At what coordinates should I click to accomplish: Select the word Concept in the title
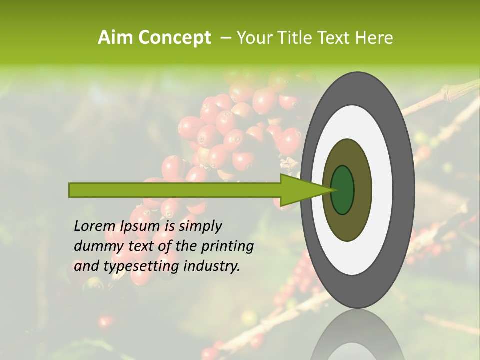175,38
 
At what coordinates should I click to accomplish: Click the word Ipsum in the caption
141,227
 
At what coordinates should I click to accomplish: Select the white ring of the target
385,190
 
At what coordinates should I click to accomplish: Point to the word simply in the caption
200,227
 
